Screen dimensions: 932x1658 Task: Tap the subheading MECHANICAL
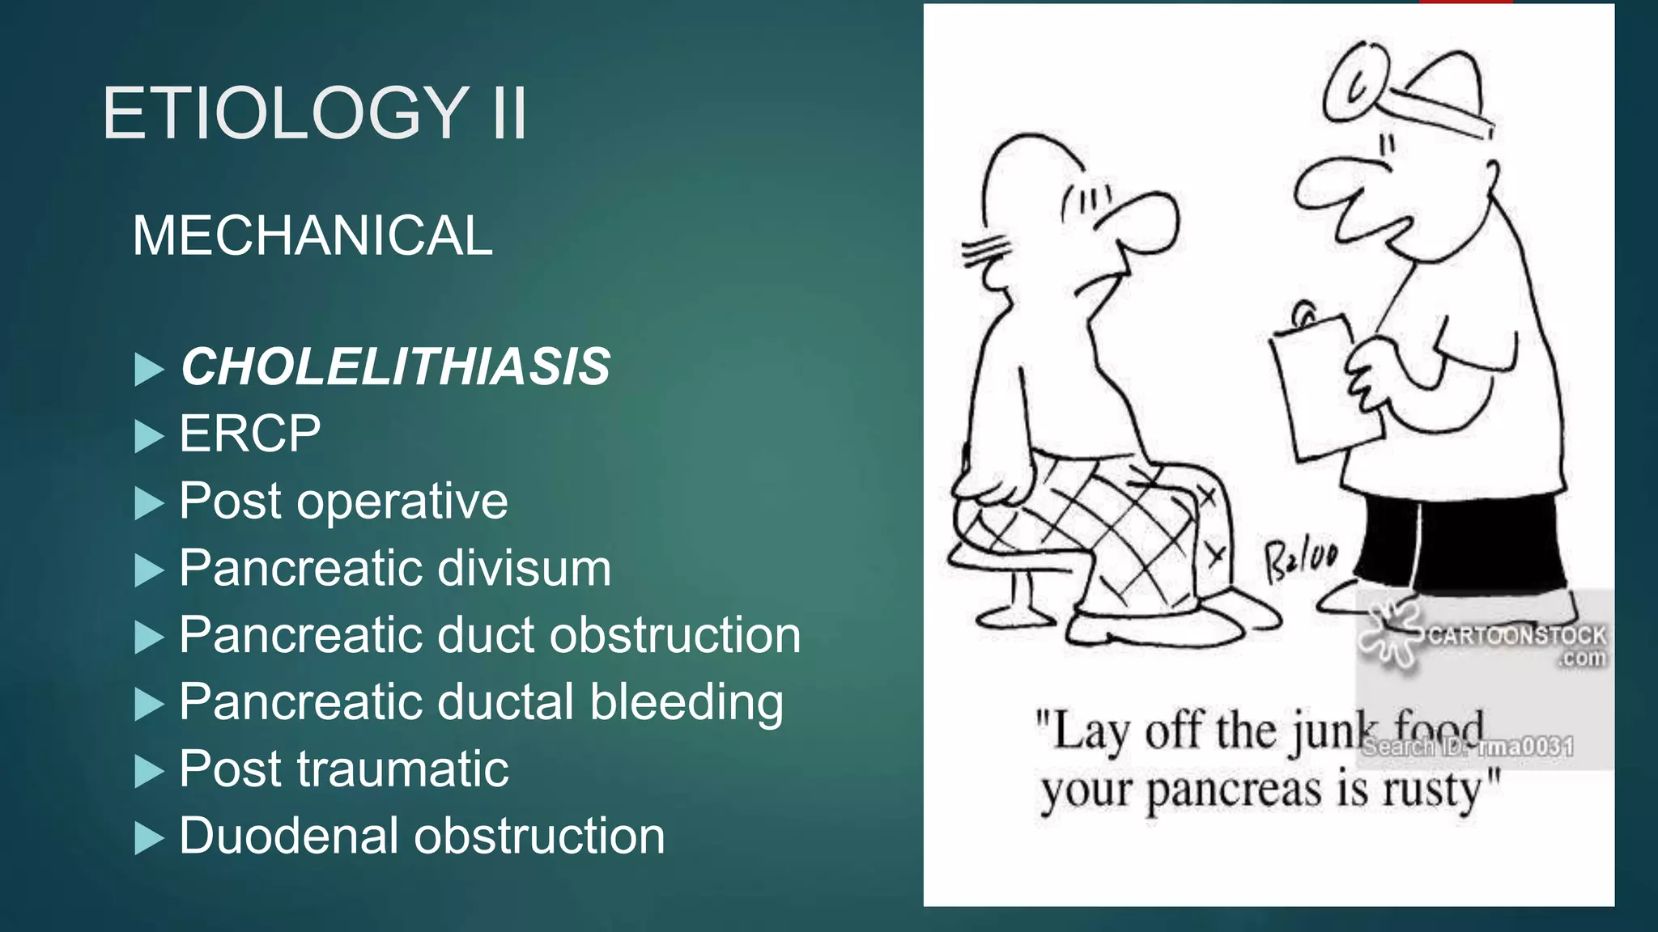(x=312, y=236)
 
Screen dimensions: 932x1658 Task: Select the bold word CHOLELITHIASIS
(x=395, y=366)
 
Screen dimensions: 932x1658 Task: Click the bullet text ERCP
(x=249, y=434)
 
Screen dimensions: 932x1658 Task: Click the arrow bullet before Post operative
(x=148, y=503)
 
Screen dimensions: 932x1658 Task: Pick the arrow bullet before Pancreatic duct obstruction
(x=148, y=638)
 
